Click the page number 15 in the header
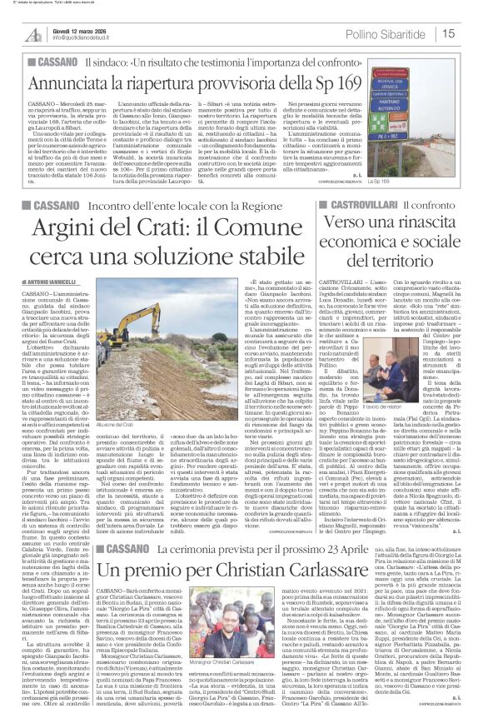click(471, 32)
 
